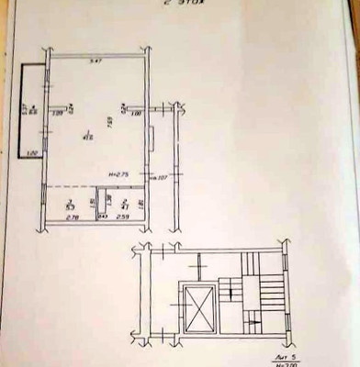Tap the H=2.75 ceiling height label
pyautogui.click(x=116, y=173)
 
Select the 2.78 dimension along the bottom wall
pyautogui.click(x=73, y=217)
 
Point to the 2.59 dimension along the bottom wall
pyautogui.click(x=123, y=217)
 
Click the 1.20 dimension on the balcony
pyautogui.click(x=33, y=152)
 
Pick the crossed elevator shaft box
pyautogui.click(x=197, y=306)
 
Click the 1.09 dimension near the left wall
pyautogui.click(x=59, y=112)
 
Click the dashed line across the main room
pyautogui.click(x=92, y=180)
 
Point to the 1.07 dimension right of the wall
pyautogui.click(x=157, y=176)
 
